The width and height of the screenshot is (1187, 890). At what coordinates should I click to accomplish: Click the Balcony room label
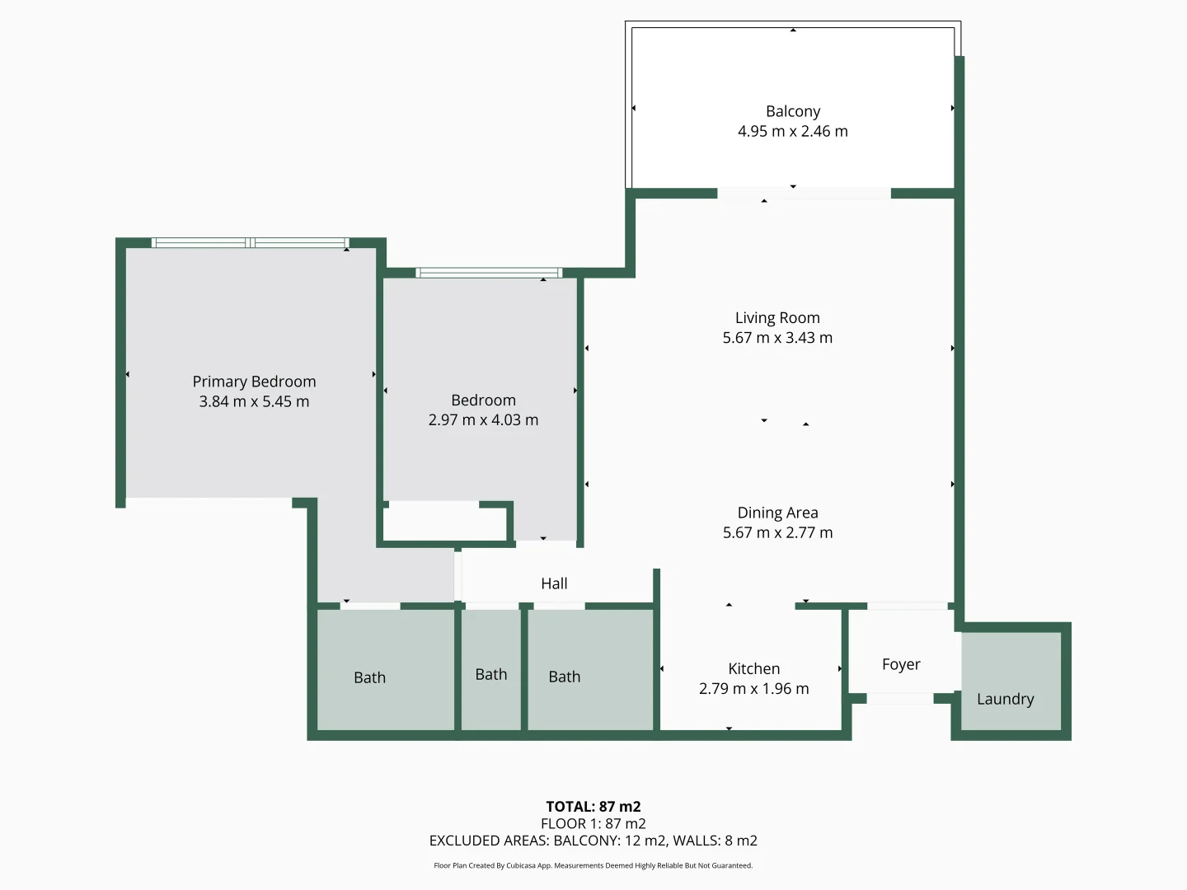792,111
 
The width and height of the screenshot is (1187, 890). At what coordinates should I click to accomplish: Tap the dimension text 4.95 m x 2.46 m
792,131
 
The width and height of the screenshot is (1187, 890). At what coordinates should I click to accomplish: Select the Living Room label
777,318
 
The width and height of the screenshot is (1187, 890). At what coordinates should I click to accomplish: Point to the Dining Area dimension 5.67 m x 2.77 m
777,532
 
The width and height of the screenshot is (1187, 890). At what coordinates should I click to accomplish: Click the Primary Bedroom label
254,382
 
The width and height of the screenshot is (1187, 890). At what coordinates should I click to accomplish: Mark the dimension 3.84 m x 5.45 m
254,401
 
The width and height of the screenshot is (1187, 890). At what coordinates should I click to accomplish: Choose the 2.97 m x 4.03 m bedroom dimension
483,419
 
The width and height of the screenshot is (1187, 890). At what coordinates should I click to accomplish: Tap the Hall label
554,583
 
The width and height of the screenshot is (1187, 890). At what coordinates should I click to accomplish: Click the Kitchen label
753,668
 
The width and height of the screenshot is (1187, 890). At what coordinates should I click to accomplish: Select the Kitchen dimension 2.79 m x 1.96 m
753,688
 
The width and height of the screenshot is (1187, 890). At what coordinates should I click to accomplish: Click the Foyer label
901,664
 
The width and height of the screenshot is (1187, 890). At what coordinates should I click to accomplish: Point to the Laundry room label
1005,699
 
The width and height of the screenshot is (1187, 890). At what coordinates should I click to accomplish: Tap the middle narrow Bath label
491,674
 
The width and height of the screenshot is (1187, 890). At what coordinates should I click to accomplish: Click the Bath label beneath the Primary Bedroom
369,677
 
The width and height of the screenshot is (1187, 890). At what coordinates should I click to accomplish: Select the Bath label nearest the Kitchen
565,677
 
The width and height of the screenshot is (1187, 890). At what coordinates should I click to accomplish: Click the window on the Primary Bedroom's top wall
250,242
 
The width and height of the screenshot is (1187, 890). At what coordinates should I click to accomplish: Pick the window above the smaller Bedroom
489,273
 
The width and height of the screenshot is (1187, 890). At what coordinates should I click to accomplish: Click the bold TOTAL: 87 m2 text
593,807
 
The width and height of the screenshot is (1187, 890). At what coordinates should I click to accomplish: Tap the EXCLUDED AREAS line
593,841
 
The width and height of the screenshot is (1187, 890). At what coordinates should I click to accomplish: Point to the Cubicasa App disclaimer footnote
593,865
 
